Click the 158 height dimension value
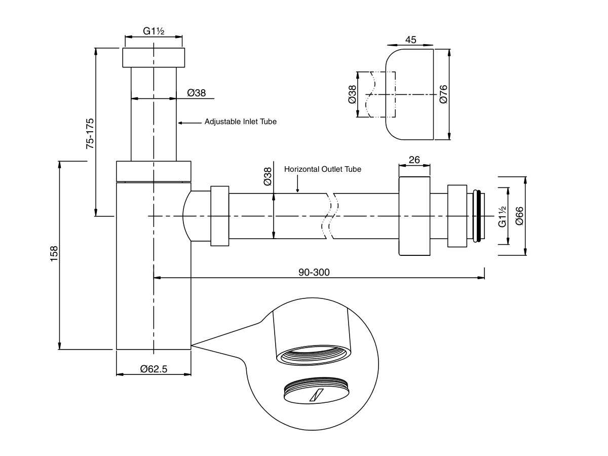point(54,254)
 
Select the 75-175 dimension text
point(90,134)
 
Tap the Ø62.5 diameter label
point(154,369)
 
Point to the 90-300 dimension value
point(314,272)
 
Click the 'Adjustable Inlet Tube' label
point(241,122)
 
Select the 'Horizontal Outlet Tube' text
point(323,169)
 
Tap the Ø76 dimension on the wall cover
point(443,94)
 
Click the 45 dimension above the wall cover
point(411,40)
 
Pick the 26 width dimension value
point(414,160)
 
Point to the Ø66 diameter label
point(519,216)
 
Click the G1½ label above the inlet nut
point(154,31)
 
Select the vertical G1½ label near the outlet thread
point(502,216)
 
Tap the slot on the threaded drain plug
point(317,395)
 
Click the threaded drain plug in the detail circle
point(316,390)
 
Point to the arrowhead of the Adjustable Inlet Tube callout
point(180,123)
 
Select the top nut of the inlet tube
point(154,58)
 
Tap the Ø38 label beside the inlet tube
point(197,93)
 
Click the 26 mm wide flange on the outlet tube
point(414,216)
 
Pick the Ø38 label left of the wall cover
point(352,94)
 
